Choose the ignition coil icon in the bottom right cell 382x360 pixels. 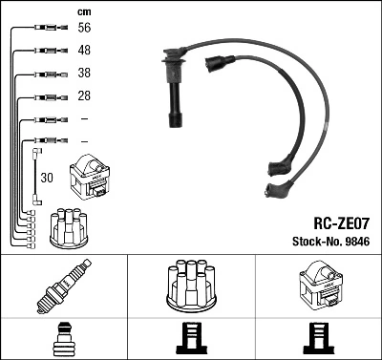pos(318,286)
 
